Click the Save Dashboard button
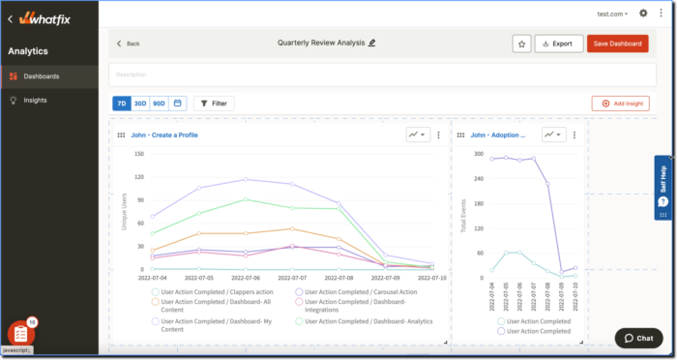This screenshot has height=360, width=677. click(x=618, y=44)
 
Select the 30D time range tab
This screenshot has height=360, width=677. click(x=139, y=103)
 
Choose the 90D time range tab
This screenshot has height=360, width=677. click(x=159, y=103)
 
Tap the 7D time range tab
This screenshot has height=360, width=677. click(x=121, y=103)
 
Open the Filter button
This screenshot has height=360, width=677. click(x=214, y=103)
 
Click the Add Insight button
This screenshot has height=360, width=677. click(x=620, y=103)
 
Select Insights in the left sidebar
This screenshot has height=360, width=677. click(x=35, y=100)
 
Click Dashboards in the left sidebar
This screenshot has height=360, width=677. click(x=41, y=75)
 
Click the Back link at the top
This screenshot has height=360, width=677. click(x=128, y=44)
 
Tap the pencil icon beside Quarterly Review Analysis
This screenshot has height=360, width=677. click(x=372, y=43)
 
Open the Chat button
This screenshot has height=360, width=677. click(x=639, y=338)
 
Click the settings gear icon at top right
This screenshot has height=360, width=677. click(x=644, y=14)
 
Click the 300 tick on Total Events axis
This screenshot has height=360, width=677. click(x=477, y=154)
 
